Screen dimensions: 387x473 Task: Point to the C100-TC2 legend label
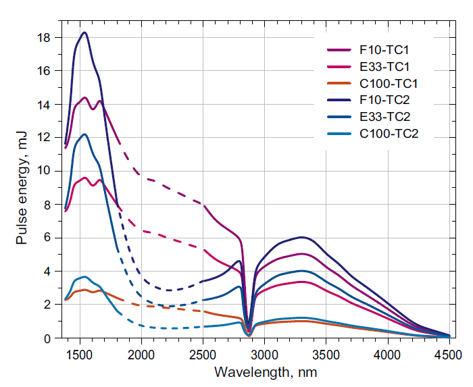click(390, 134)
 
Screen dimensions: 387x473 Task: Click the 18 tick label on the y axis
click(43, 38)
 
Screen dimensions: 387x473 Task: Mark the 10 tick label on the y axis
click(43, 171)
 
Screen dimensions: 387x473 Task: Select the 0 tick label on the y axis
click(46, 338)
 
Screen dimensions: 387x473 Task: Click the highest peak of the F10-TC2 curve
click(84, 32)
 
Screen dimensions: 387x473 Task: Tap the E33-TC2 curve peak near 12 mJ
click(84, 134)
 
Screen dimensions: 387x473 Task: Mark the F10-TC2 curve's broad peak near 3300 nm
click(301, 237)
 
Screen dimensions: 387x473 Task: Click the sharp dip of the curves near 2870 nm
click(249, 331)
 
